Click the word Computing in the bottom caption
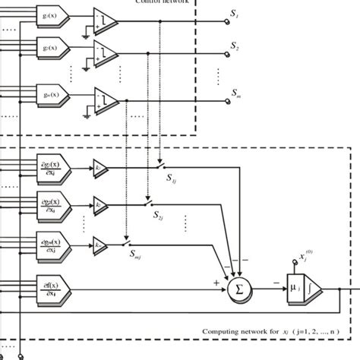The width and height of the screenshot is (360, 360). (x=225, y=331)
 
